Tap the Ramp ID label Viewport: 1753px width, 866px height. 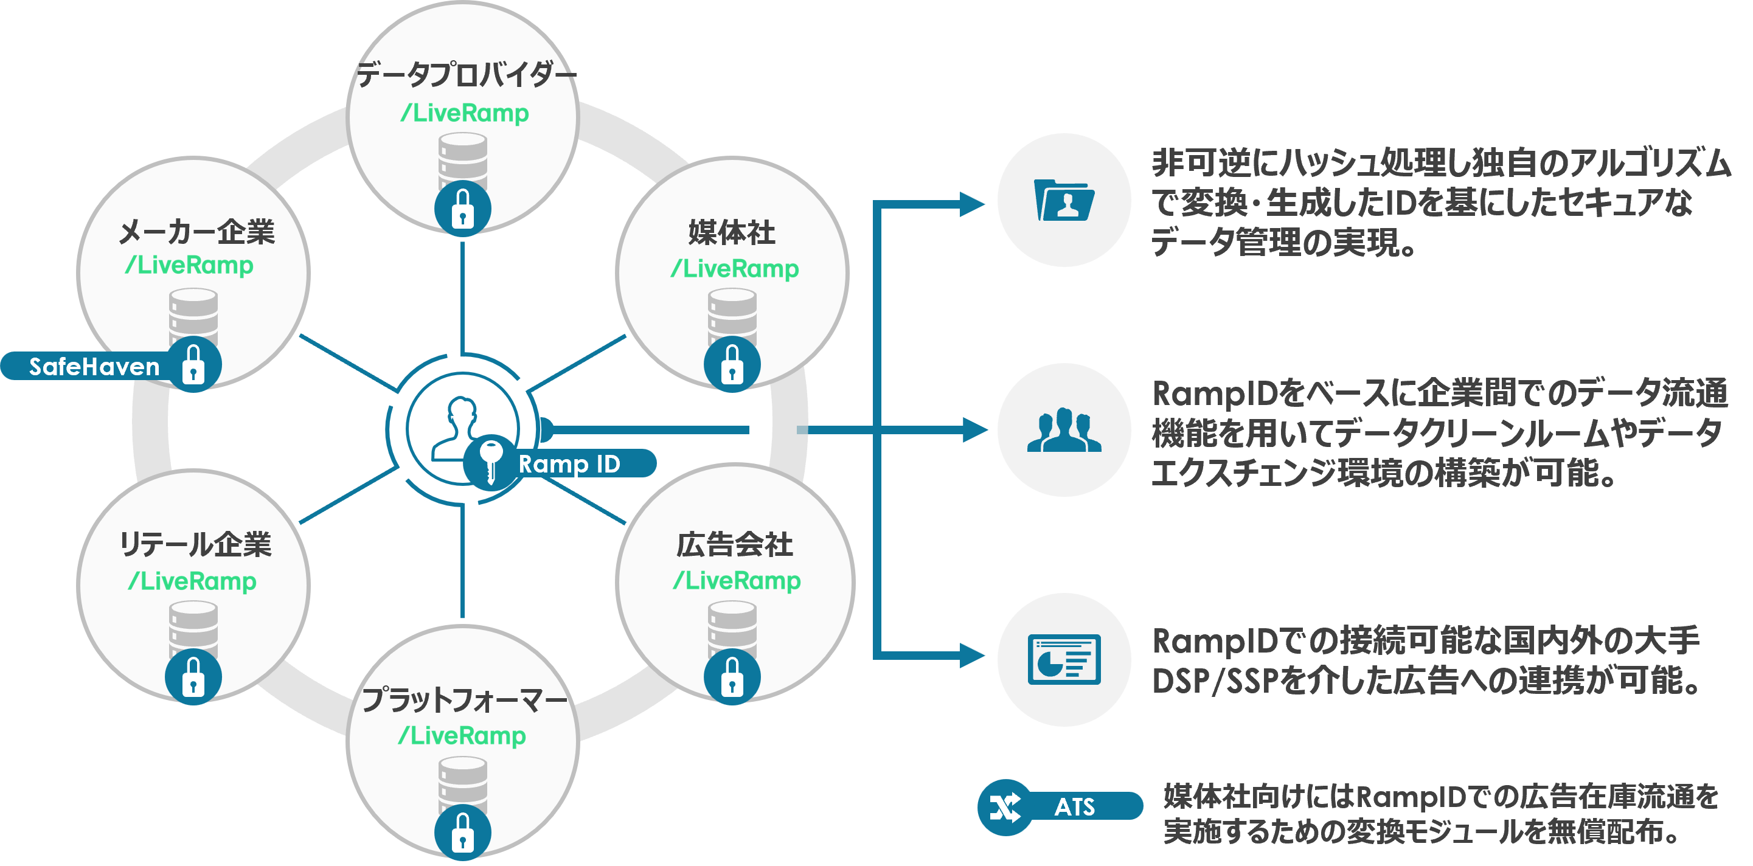click(569, 463)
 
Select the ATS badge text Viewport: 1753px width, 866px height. click(1075, 807)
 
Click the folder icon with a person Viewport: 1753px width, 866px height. click(1064, 200)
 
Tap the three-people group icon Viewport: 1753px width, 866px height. click(1064, 430)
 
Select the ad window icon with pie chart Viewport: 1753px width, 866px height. click(1064, 659)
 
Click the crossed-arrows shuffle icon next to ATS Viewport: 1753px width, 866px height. click(1005, 807)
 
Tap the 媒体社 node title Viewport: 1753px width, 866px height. click(732, 233)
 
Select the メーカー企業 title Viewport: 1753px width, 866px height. click(196, 232)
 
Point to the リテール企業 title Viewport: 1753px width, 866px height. click(195, 544)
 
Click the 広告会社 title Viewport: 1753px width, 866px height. click(734, 544)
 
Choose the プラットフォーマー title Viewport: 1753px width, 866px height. click(464, 699)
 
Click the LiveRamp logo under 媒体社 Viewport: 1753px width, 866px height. click(735, 268)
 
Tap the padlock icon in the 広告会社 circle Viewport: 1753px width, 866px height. click(732, 676)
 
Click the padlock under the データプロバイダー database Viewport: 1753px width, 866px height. click(463, 208)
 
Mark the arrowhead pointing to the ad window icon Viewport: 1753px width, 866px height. click(972, 656)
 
